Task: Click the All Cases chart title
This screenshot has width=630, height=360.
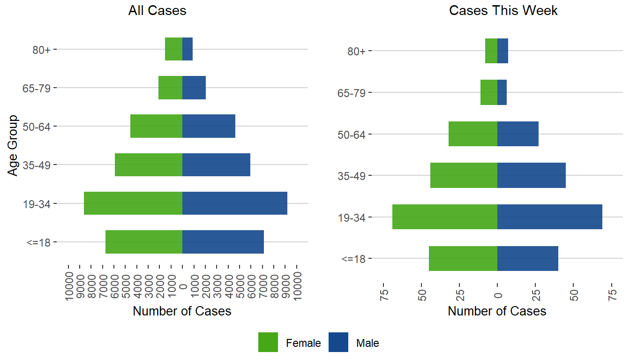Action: [x=157, y=11]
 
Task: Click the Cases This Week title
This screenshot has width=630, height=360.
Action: [x=503, y=11]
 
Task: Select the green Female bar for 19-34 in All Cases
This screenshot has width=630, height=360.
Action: [x=133, y=203]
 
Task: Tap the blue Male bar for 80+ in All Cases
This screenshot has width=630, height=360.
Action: [x=187, y=49]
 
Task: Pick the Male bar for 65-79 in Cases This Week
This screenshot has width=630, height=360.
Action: [x=502, y=92]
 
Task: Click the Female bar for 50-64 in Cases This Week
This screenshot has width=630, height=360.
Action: [x=473, y=134]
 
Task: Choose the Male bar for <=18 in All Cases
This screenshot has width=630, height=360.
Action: [x=223, y=242]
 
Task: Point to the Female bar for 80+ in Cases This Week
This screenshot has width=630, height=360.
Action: [x=491, y=51]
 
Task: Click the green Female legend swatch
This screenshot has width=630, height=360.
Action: [x=268, y=342]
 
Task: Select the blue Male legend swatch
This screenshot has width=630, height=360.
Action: [x=338, y=342]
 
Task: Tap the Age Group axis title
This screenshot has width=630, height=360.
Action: [x=13, y=145]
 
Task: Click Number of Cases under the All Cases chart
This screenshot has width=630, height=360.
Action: [x=182, y=311]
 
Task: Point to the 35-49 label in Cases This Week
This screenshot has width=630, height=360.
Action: [x=352, y=176]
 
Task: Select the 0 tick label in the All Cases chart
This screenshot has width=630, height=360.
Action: [x=183, y=286]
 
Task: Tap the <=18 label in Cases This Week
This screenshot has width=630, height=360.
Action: [x=353, y=258]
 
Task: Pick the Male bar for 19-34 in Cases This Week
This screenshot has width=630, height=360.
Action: [x=549, y=217]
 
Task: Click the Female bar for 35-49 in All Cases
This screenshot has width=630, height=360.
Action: [x=149, y=165]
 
